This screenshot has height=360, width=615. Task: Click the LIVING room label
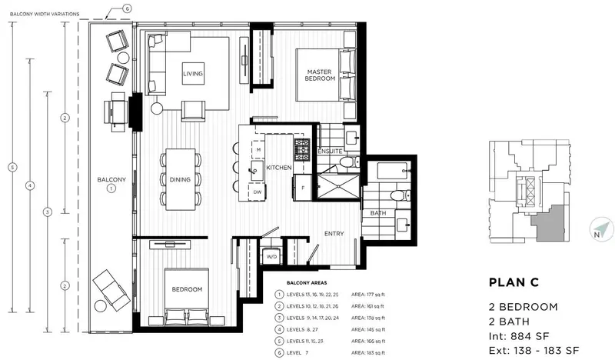tap(192, 74)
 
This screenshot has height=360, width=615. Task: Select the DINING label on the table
tap(180, 179)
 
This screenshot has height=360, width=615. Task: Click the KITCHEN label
tap(278, 167)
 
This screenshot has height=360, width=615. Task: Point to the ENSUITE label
tap(331, 152)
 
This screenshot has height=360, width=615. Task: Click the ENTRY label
tap(334, 234)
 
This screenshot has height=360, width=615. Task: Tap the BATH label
tap(378, 213)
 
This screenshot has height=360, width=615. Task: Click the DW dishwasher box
tap(258, 192)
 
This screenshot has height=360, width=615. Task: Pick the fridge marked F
tap(303, 186)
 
